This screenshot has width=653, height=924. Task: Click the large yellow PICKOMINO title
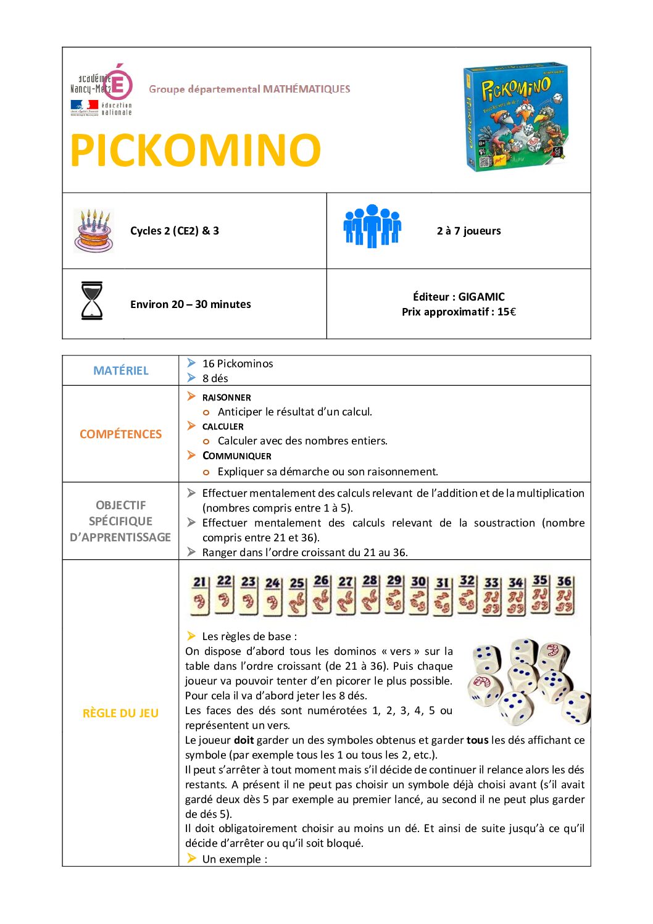[195, 150]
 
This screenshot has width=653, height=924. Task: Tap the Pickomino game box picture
[515, 116]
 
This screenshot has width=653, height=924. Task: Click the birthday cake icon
[94, 230]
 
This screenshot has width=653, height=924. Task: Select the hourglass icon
[92, 301]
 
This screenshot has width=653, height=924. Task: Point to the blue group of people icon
[372, 226]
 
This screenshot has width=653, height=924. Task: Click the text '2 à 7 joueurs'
[468, 231]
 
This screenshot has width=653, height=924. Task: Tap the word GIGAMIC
[481, 297]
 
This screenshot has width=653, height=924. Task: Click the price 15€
[506, 312]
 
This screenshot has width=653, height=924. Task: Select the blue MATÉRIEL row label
[121, 370]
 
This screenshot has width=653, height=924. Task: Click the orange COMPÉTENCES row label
[121, 434]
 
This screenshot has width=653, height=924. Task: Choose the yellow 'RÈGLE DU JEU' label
[120, 713]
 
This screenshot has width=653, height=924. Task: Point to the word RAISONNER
[227, 397]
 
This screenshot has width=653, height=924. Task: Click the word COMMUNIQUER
[237, 456]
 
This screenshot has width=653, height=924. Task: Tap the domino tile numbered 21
[199, 594]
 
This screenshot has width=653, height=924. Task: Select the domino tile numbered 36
[564, 594]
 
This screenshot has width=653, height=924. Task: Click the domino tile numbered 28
[370, 594]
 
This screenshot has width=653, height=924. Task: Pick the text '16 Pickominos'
[238, 364]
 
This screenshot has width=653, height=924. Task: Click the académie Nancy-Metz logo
[102, 90]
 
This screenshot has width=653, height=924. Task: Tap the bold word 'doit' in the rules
[244, 740]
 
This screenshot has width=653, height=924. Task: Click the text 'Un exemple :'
[235, 859]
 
